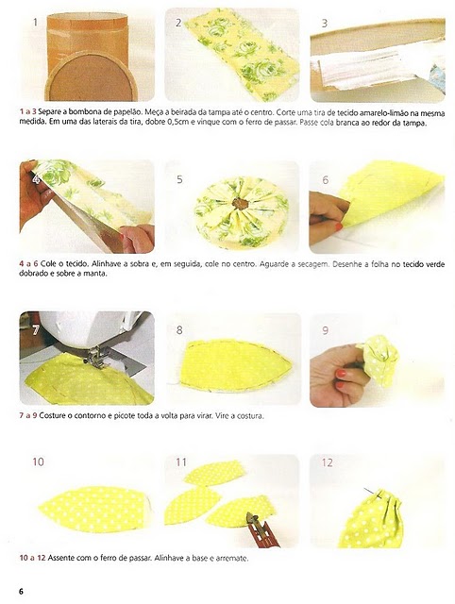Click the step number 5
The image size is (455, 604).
coord(179,179)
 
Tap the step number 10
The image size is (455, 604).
coord(38,461)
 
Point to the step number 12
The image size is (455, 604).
coord(327,462)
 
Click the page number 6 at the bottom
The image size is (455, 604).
coord(21,591)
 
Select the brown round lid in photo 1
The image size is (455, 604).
coord(92,76)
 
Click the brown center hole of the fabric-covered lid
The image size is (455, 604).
coord(240,204)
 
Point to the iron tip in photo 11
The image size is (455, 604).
coord(253,518)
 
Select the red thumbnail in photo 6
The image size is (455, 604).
coord(339,226)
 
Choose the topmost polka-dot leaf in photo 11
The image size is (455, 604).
coord(214,473)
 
